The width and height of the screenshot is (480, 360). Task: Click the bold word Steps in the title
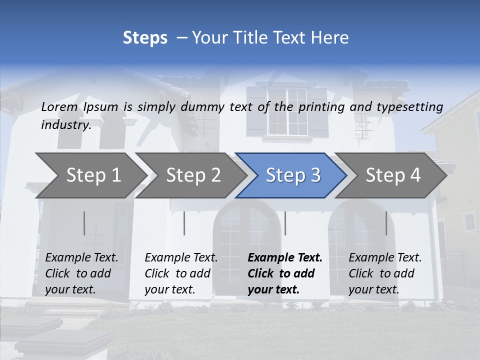click(x=145, y=38)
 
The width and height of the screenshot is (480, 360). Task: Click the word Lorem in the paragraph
click(x=59, y=106)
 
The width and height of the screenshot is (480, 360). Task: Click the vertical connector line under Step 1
click(x=84, y=223)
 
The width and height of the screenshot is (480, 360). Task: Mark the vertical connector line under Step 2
click(x=184, y=223)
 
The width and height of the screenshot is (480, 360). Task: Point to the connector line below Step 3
click(x=285, y=223)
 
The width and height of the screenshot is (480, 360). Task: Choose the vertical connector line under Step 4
click(x=386, y=223)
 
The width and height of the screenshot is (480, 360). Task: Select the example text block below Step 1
click(x=81, y=273)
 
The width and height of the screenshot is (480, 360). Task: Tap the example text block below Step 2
click(x=181, y=273)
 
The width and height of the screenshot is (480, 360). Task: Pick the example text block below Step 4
click(x=385, y=273)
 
